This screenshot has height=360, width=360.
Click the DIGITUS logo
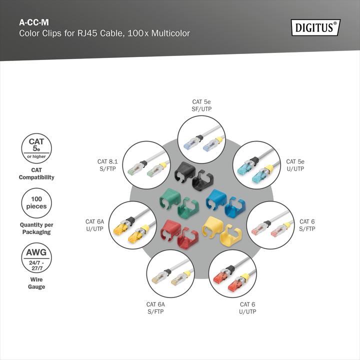click(315, 27)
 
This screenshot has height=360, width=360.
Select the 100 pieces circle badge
click(36, 202)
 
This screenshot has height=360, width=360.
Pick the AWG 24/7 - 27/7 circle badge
click(36, 257)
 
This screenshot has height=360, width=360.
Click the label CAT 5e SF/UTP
click(201, 105)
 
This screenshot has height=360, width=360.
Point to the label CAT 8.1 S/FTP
click(108, 165)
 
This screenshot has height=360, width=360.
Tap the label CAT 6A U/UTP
click(94, 225)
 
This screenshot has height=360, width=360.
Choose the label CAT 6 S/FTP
click(307, 225)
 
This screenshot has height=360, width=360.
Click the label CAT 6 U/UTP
click(247, 307)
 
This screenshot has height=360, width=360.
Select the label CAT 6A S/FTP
click(155, 307)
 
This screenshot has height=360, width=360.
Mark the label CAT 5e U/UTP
click(295, 165)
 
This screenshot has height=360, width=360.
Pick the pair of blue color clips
click(225, 203)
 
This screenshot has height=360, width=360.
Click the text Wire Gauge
click(36, 283)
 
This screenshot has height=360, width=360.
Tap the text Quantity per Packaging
click(36, 228)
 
